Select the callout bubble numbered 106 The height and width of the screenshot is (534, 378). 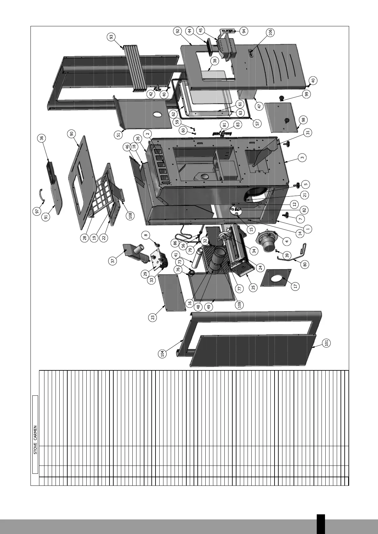(270, 32)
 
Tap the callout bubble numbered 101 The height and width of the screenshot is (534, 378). (327, 343)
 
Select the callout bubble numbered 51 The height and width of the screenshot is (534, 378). (118, 134)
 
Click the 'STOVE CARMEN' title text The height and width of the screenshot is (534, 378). (36, 440)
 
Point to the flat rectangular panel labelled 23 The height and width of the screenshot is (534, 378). (171, 292)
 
